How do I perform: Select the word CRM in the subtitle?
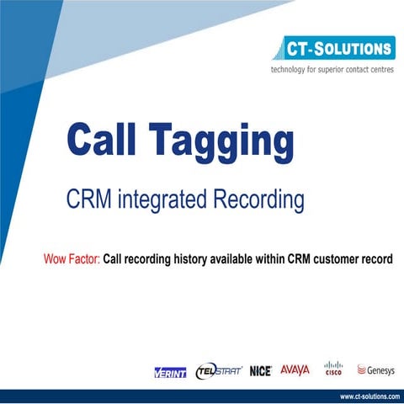[88, 200]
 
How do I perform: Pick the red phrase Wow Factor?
[72, 258]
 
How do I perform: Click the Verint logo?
[170, 371]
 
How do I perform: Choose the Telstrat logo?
[218, 370]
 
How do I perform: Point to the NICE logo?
[260, 371]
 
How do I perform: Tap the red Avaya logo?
[295, 369]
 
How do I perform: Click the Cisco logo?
[333, 369]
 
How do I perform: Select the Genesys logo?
[376, 369]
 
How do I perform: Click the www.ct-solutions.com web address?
[369, 396]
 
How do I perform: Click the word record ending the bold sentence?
[378, 258]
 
